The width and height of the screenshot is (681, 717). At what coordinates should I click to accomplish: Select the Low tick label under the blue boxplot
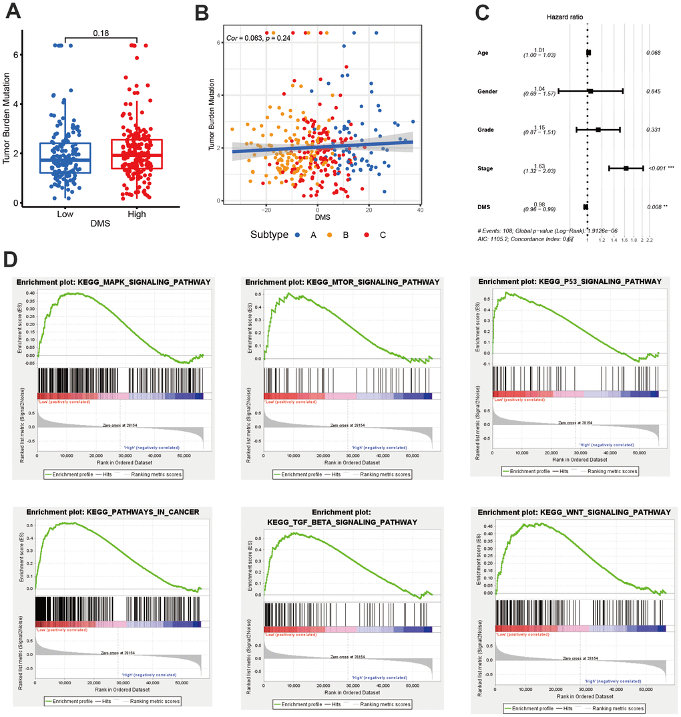tap(65, 214)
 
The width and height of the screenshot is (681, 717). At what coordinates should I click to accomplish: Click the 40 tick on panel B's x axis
tap(420, 211)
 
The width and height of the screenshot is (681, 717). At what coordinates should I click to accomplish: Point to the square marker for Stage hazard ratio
tap(626, 168)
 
